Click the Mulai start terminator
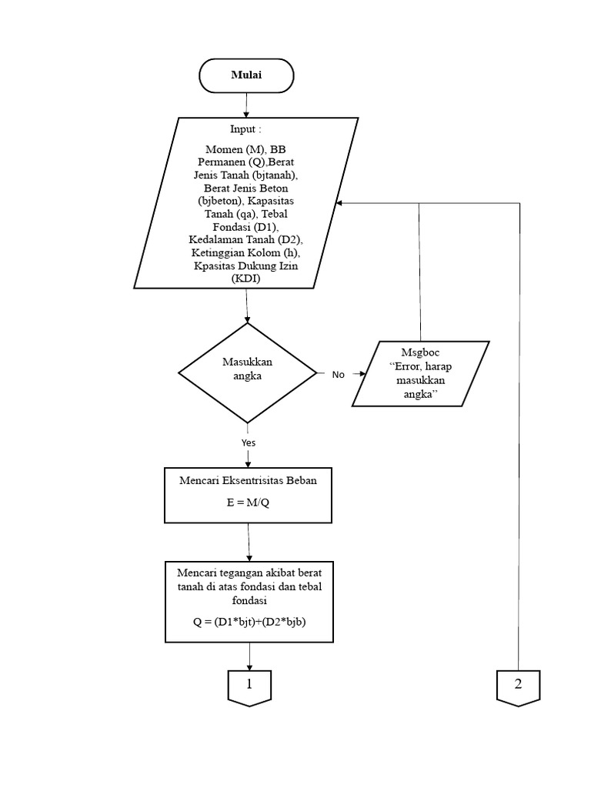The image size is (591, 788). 246,75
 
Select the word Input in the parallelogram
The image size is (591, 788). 243,129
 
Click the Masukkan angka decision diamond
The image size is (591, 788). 247,372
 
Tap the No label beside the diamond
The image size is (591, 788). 339,375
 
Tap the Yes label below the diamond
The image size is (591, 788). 249,442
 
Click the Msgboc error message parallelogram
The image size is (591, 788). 421,373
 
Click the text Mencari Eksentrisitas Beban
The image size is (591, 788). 248,481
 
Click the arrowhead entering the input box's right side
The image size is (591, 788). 341,203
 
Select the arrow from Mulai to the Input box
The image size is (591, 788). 246,105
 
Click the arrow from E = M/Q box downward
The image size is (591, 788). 248,543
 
